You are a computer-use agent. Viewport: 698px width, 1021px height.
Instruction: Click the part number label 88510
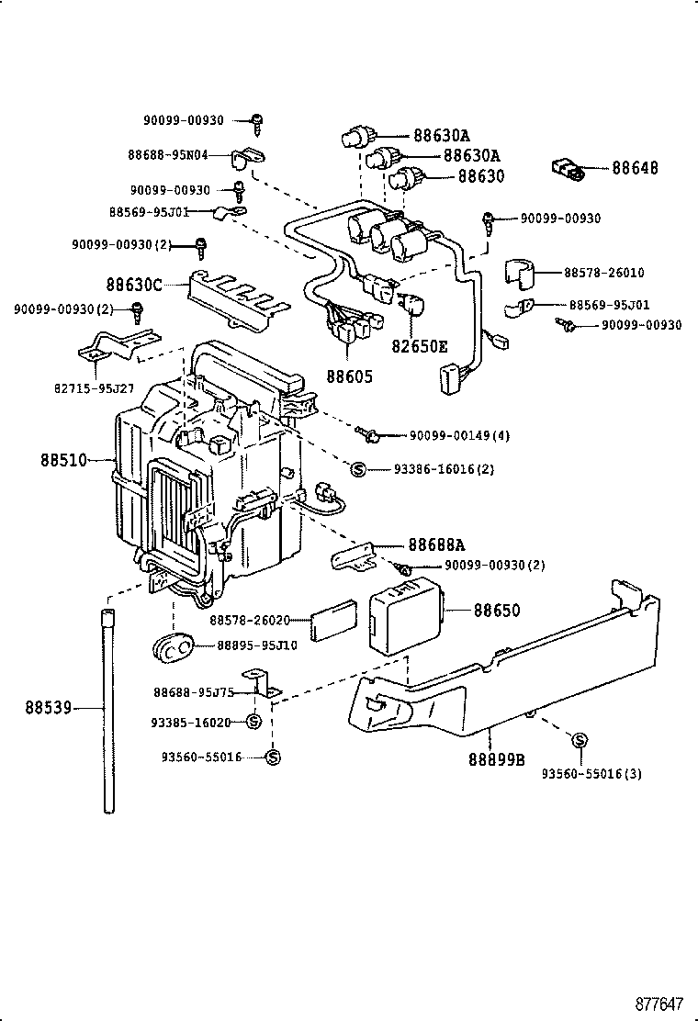point(62,459)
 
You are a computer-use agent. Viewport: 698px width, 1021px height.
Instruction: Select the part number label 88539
point(49,707)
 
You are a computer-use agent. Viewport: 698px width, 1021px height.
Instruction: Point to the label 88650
point(497,611)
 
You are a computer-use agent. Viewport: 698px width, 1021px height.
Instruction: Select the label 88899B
point(496,759)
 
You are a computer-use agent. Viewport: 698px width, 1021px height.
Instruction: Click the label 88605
point(350,376)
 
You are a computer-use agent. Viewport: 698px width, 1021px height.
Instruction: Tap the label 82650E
point(420,346)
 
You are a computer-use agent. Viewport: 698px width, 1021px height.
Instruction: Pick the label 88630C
point(133,286)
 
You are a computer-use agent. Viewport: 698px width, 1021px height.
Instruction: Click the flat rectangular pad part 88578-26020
point(333,622)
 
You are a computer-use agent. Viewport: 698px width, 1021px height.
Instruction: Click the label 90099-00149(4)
point(458,434)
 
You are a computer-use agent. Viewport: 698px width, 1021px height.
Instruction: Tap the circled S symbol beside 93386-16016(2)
point(358,468)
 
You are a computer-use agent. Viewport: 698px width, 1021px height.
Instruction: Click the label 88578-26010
point(603,273)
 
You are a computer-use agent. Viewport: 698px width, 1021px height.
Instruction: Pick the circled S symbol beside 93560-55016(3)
point(580,741)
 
